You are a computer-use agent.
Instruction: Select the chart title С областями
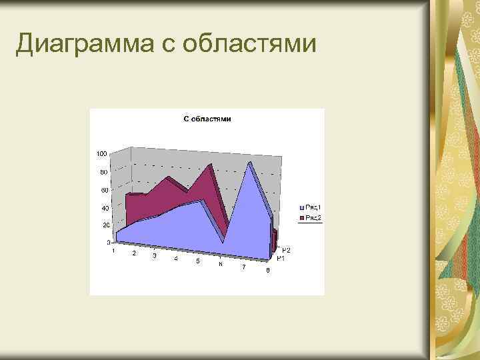pos(207,119)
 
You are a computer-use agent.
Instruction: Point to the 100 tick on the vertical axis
pos(101,153)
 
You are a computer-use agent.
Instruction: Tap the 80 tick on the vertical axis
pos(103,172)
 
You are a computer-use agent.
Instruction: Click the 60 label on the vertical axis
pos(104,190)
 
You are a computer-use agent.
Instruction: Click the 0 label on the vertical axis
pos(109,243)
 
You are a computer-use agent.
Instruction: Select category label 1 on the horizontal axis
pos(113,251)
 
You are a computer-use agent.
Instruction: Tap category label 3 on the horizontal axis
pos(155,256)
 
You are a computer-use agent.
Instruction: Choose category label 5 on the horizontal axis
pos(197,261)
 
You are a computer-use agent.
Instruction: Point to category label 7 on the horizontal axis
pos(243,267)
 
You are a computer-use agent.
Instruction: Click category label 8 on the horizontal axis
pos(267,270)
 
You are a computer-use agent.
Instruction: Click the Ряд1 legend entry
pos(313,208)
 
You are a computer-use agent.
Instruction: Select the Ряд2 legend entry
pos(313,217)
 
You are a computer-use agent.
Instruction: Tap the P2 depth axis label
pos(285,250)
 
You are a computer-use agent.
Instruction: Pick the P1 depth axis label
pos(281,258)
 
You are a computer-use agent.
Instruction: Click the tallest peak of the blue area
pos(249,163)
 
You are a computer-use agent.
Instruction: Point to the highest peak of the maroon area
pos(210,164)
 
